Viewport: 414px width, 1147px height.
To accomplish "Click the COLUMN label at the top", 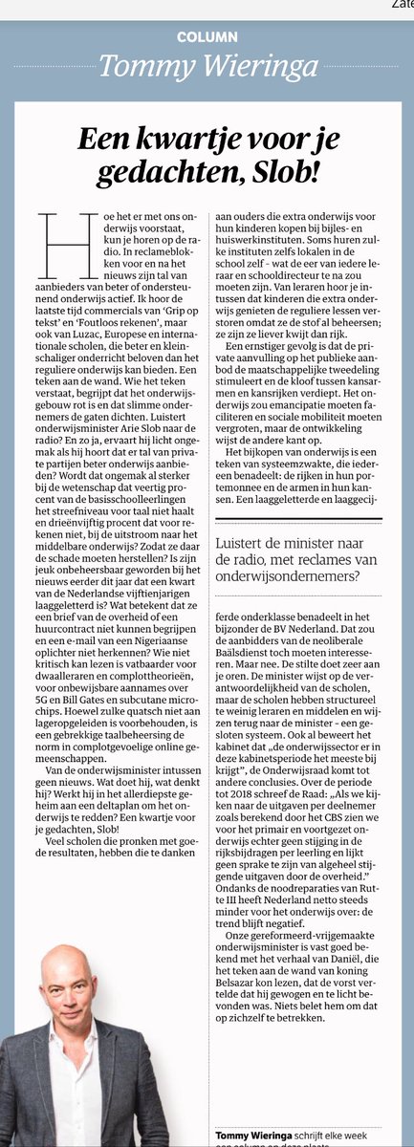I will tap(207, 36).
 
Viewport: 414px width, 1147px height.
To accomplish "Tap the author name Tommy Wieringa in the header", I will tap(207, 65).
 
